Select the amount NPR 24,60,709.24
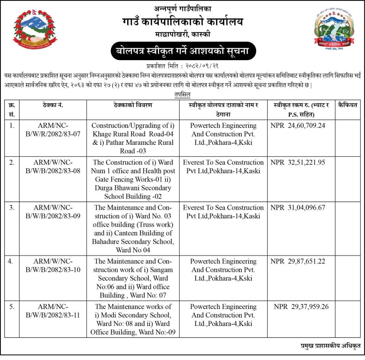[298, 126]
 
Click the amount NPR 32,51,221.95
[298, 163]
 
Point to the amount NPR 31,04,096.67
[298, 208]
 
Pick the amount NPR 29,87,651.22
[298, 261]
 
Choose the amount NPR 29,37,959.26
[301, 307]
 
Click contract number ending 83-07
[53, 130]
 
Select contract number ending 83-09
[53, 212]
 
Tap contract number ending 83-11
[53, 311]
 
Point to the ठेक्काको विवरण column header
[133, 105]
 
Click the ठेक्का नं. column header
[53, 105]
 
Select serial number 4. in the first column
[12, 261]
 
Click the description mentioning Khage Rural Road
[133, 138]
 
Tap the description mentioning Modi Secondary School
[133, 319]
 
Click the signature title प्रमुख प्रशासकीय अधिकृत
[330, 346]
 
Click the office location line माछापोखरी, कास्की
[182, 34]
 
